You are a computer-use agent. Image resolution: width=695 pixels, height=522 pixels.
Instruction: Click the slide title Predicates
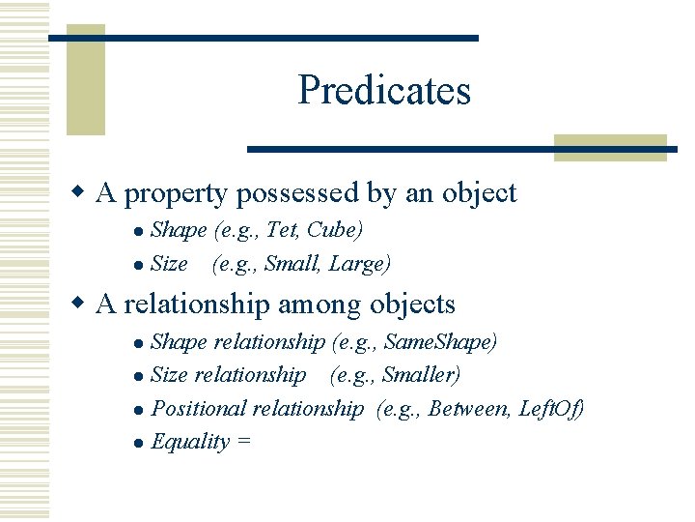pos(384,90)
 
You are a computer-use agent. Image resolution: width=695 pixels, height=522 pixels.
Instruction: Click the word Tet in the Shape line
pos(280,230)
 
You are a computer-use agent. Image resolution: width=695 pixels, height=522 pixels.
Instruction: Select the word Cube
pos(333,230)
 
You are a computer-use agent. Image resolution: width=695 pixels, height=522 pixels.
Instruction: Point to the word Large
pos(359,263)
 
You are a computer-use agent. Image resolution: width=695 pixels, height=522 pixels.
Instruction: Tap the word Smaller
pos(421,374)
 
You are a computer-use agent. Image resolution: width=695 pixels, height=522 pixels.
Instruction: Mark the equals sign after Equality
pos(243,442)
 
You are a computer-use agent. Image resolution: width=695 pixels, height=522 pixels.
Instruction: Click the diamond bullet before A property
pos(81,193)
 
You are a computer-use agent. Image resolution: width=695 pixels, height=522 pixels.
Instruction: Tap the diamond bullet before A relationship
pos(81,304)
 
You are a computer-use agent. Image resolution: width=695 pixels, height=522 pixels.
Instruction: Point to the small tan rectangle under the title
pos(610,147)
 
